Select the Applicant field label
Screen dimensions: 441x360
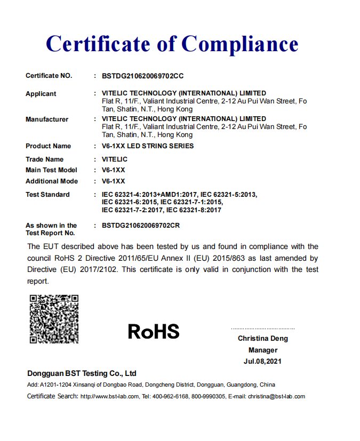41,94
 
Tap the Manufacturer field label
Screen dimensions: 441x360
47,119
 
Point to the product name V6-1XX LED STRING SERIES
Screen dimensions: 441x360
148,146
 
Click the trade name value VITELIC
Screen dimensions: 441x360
115,159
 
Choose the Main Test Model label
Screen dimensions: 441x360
51,170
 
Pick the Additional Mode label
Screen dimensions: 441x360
52,181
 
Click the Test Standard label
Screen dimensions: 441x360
47,195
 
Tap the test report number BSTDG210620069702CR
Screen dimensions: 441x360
141,226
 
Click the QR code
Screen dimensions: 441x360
54,318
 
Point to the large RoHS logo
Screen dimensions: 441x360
154,332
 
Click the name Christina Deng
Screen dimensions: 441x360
263,339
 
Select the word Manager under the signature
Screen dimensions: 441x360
263,350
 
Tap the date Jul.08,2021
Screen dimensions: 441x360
263,362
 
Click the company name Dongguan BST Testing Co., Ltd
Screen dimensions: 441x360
82,373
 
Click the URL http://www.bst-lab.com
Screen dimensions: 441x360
109,397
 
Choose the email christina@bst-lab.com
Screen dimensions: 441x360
276,397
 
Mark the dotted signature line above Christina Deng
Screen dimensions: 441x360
263,328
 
